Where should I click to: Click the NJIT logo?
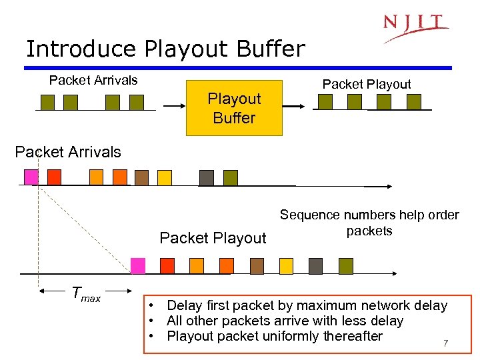click(415, 27)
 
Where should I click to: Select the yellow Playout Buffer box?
click(234, 108)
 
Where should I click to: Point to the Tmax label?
click(86, 293)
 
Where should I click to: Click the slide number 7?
click(446, 344)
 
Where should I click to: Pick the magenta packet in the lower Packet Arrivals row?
click(31, 177)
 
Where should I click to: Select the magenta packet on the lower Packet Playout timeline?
click(138, 265)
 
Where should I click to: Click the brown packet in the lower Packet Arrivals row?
click(141, 177)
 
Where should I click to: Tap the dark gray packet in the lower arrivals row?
click(207, 177)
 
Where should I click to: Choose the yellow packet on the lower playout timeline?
click(286, 265)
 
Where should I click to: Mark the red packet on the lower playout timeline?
click(167, 265)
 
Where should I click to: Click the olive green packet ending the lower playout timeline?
click(345, 265)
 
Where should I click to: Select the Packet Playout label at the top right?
click(367, 84)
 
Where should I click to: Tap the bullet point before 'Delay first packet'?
click(153, 306)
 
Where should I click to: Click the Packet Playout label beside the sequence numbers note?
click(213, 238)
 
